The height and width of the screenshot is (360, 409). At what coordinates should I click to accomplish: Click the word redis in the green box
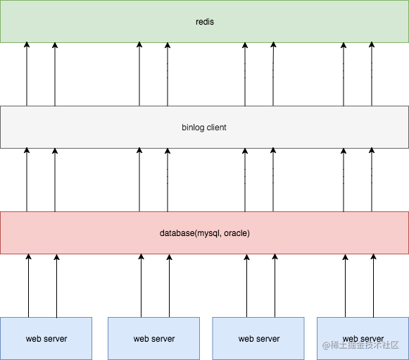(205, 22)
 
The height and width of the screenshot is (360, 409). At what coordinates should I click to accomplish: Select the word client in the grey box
(217, 128)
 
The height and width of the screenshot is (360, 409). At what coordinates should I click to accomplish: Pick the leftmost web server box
(46, 338)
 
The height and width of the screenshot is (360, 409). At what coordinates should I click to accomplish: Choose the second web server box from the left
(154, 338)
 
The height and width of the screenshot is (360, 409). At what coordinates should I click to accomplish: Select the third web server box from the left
(258, 338)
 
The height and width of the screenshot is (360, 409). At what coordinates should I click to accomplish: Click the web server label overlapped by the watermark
(363, 339)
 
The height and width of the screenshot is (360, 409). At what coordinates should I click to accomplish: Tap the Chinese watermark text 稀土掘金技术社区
(365, 345)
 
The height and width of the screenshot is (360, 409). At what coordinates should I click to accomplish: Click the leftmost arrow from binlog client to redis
(27, 74)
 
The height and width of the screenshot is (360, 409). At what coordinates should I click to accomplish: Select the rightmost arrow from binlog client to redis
(372, 74)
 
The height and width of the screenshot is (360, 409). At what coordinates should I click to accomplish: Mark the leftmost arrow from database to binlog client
(27, 180)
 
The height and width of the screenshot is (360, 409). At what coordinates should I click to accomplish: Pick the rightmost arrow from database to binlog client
(372, 180)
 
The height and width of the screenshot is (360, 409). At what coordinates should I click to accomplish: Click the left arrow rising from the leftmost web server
(28, 285)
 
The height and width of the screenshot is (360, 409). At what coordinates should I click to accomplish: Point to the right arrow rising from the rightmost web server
(373, 285)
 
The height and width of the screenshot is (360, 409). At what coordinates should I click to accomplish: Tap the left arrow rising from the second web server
(141, 285)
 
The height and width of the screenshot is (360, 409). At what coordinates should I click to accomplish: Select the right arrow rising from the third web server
(275, 285)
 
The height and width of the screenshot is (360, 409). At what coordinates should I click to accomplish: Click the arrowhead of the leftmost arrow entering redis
(27, 44)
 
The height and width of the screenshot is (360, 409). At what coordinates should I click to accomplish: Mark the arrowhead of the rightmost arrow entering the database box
(373, 256)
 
